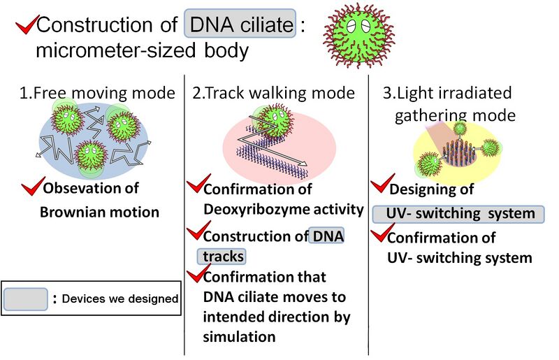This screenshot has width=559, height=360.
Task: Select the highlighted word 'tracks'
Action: [x=222, y=257]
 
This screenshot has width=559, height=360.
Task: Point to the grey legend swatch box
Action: [x=26, y=299]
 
